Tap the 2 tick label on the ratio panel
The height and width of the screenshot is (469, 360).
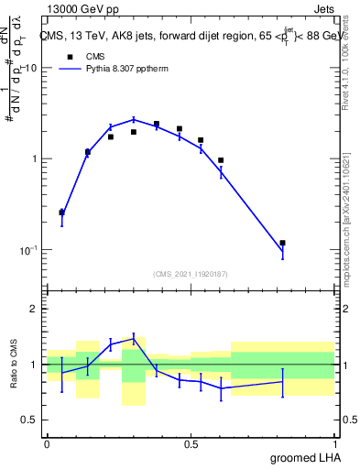pyautogui.click(x=35, y=309)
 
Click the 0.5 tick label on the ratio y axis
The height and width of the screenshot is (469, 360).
pyautogui.click(x=30, y=420)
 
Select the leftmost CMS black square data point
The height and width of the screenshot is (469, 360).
pyautogui.click(x=61, y=212)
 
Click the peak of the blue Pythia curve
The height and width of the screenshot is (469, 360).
pyautogui.click(x=134, y=119)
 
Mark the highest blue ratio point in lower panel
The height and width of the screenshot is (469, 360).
pyautogui.click(x=134, y=339)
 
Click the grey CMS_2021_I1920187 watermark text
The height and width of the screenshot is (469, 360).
pyautogui.click(x=191, y=273)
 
